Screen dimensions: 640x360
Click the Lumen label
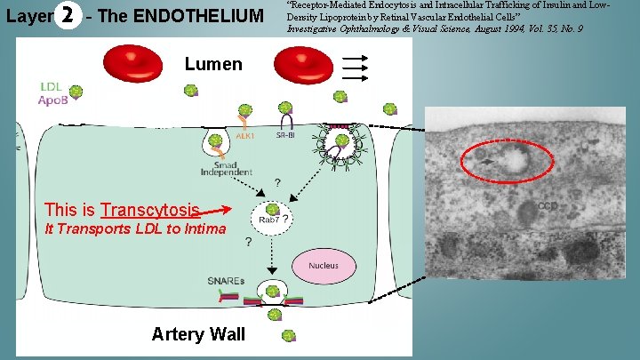[x=213, y=64]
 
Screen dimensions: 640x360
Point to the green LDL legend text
[x=51, y=86]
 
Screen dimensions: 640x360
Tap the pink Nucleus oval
[x=324, y=265]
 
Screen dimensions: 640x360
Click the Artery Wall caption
[x=198, y=334]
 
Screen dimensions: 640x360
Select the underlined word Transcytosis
[x=150, y=210]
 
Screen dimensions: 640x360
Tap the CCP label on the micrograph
[x=548, y=206]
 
